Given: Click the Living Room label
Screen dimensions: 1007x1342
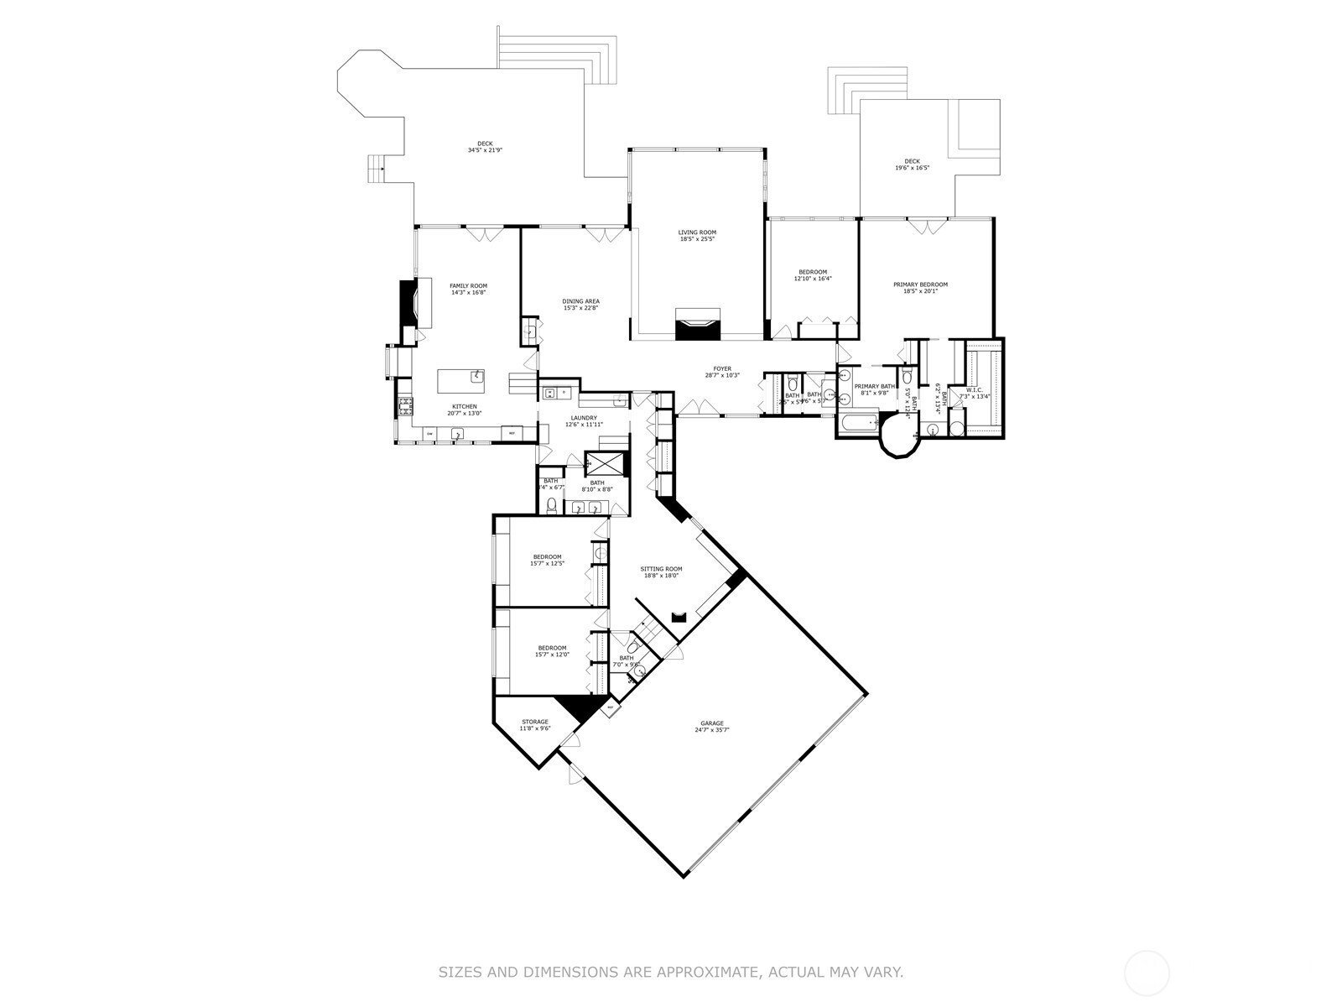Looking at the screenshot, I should tap(697, 232).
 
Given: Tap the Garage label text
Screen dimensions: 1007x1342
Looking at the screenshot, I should tap(712, 723).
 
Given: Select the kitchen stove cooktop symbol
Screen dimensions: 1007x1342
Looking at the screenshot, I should tap(405, 407).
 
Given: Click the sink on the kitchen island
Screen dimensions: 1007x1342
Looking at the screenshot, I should tap(476, 376).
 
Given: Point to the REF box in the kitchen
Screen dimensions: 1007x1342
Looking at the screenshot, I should tap(512, 433).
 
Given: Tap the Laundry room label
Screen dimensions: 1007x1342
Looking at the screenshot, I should tap(584, 418).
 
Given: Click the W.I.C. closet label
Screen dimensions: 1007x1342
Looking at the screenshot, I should tap(974, 389).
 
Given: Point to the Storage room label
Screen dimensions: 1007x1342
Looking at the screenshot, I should tap(535, 722).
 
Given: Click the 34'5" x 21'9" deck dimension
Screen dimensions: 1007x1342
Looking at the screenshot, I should tap(485, 150).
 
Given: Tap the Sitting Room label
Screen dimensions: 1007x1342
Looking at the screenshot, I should tap(662, 569).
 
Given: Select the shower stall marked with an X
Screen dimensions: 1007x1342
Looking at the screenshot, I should tap(605, 463).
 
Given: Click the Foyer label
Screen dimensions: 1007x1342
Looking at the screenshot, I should tap(722, 368).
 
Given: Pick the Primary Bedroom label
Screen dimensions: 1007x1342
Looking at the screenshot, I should tap(920, 284).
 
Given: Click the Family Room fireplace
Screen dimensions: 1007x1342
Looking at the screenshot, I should tap(408, 302).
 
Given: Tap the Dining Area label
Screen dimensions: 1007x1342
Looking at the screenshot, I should tap(580, 301).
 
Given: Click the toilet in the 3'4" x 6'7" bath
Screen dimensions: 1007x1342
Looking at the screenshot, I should tap(551, 504).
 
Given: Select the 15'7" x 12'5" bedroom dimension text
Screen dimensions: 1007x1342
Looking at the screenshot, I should tap(547, 564).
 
